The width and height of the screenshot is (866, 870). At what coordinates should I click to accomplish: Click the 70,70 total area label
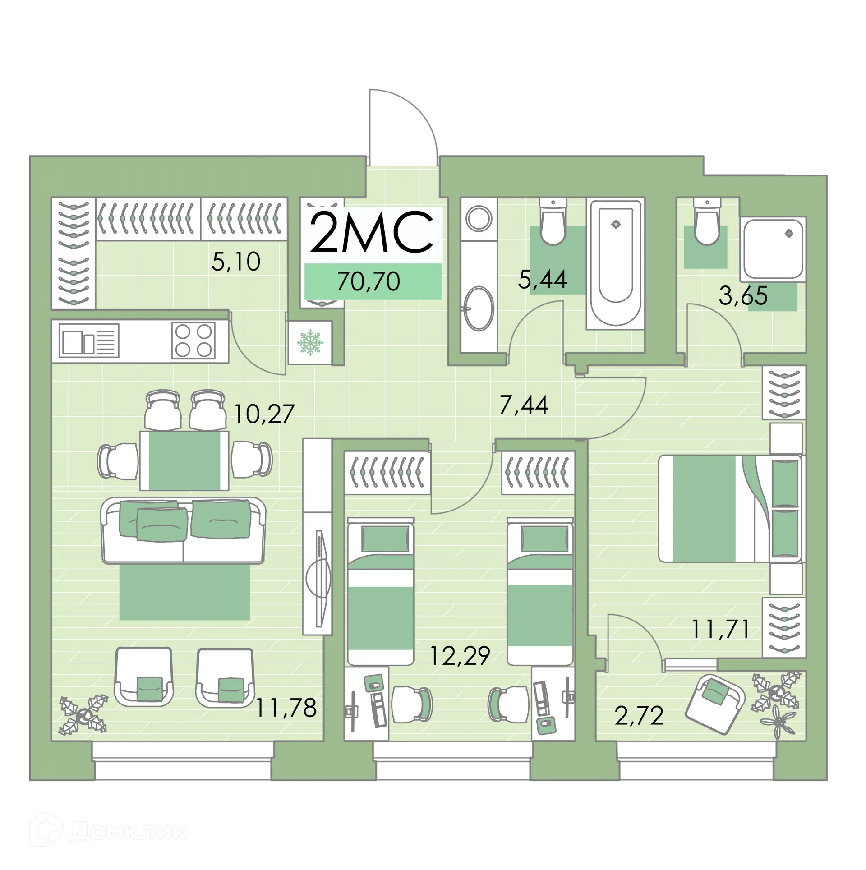click(x=368, y=282)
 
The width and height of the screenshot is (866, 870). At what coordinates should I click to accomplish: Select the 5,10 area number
click(x=236, y=262)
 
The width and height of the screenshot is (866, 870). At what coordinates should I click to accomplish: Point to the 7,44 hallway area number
click(x=524, y=405)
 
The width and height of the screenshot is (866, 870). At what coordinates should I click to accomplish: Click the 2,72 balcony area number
click(x=639, y=716)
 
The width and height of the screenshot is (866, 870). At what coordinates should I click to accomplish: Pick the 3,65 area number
click(x=743, y=296)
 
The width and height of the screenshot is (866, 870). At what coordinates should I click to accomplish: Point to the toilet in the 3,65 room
click(x=707, y=225)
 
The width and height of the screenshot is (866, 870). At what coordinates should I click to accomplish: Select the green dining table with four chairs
click(x=184, y=460)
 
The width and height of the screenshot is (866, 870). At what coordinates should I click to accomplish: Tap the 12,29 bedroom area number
click(x=460, y=656)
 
